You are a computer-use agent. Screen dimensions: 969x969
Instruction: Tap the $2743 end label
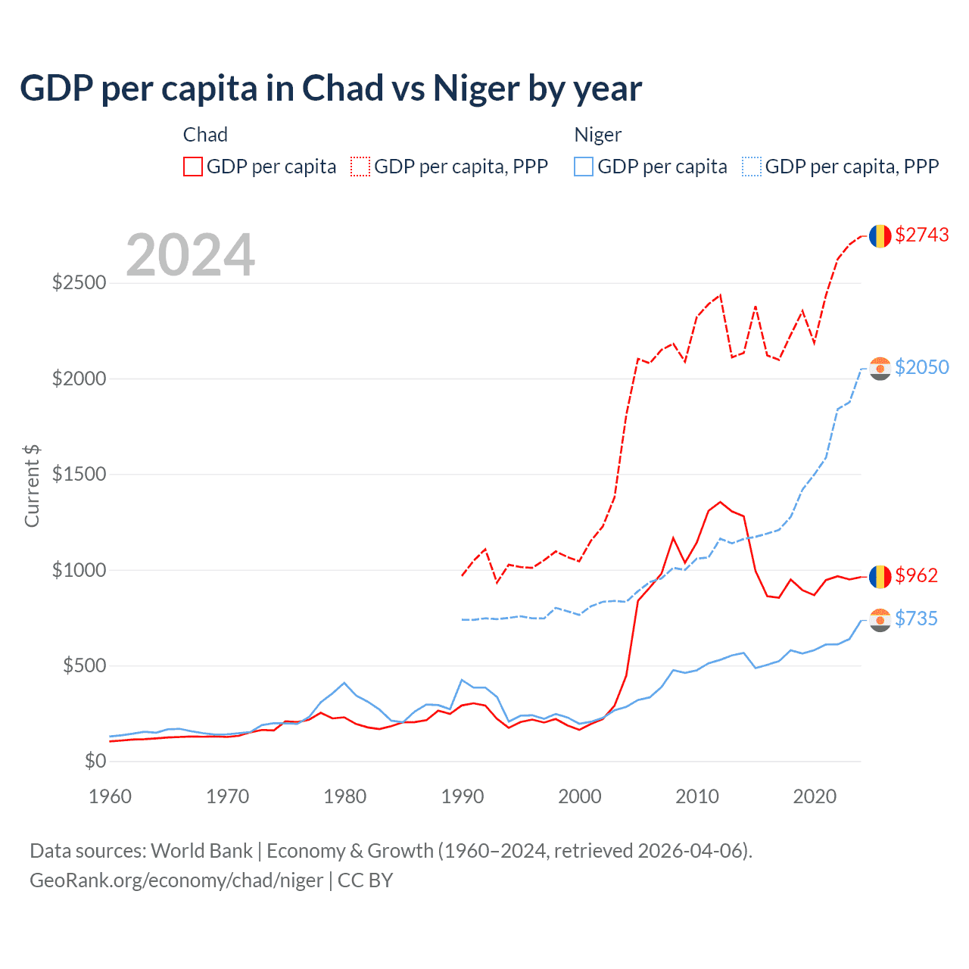pyautogui.click(x=921, y=235)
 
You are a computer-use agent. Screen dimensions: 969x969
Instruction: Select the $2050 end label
pyautogui.click(x=921, y=367)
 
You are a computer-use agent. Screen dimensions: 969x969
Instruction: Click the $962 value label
pyautogui.click(x=916, y=575)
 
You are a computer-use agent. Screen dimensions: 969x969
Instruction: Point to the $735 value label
pyautogui.click(x=916, y=618)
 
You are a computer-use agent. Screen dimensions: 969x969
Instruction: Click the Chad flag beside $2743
pyautogui.click(x=880, y=236)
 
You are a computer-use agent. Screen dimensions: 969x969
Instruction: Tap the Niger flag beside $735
pyautogui.click(x=880, y=620)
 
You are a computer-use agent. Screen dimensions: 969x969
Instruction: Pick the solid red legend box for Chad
pyautogui.click(x=193, y=167)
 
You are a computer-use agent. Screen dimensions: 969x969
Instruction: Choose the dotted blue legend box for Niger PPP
pyautogui.click(x=752, y=167)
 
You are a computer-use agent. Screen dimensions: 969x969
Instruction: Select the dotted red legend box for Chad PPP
pyautogui.click(x=360, y=167)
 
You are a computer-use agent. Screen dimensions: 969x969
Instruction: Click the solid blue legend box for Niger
pyautogui.click(x=584, y=167)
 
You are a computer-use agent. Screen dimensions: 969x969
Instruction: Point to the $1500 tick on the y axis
pyautogui.click(x=79, y=474)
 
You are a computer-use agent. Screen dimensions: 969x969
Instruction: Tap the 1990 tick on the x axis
pyautogui.click(x=463, y=796)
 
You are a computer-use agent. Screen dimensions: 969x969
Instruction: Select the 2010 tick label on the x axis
pyautogui.click(x=697, y=796)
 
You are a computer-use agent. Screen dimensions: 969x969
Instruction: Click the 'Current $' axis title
pyautogui.click(x=32, y=485)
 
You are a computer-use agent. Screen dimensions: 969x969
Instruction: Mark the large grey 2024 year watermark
pyautogui.click(x=190, y=255)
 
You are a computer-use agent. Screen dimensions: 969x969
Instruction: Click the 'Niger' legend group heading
pyautogui.click(x=597, y=135)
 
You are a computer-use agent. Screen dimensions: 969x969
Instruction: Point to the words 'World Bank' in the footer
pyautogui.click(x=201, y=851)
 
